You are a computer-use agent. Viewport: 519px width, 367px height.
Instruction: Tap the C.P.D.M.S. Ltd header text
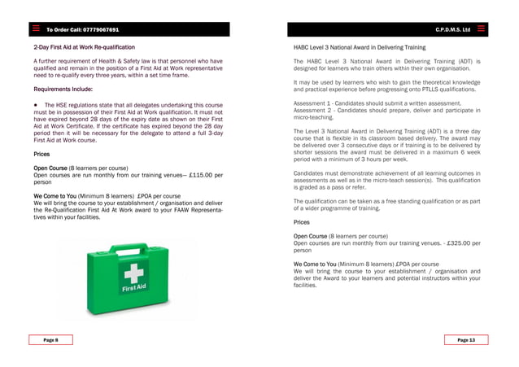click(454, 30)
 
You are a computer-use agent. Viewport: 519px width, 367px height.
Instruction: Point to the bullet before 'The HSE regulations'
click(37, 105)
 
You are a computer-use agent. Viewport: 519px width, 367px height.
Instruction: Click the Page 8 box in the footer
click(49, 339)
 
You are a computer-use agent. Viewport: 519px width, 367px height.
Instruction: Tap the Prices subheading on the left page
click(41, 153)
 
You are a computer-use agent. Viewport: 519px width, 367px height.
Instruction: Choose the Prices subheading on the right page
click(302, 221)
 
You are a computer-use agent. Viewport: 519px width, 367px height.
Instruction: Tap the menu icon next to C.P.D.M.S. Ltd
click(482, 29)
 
